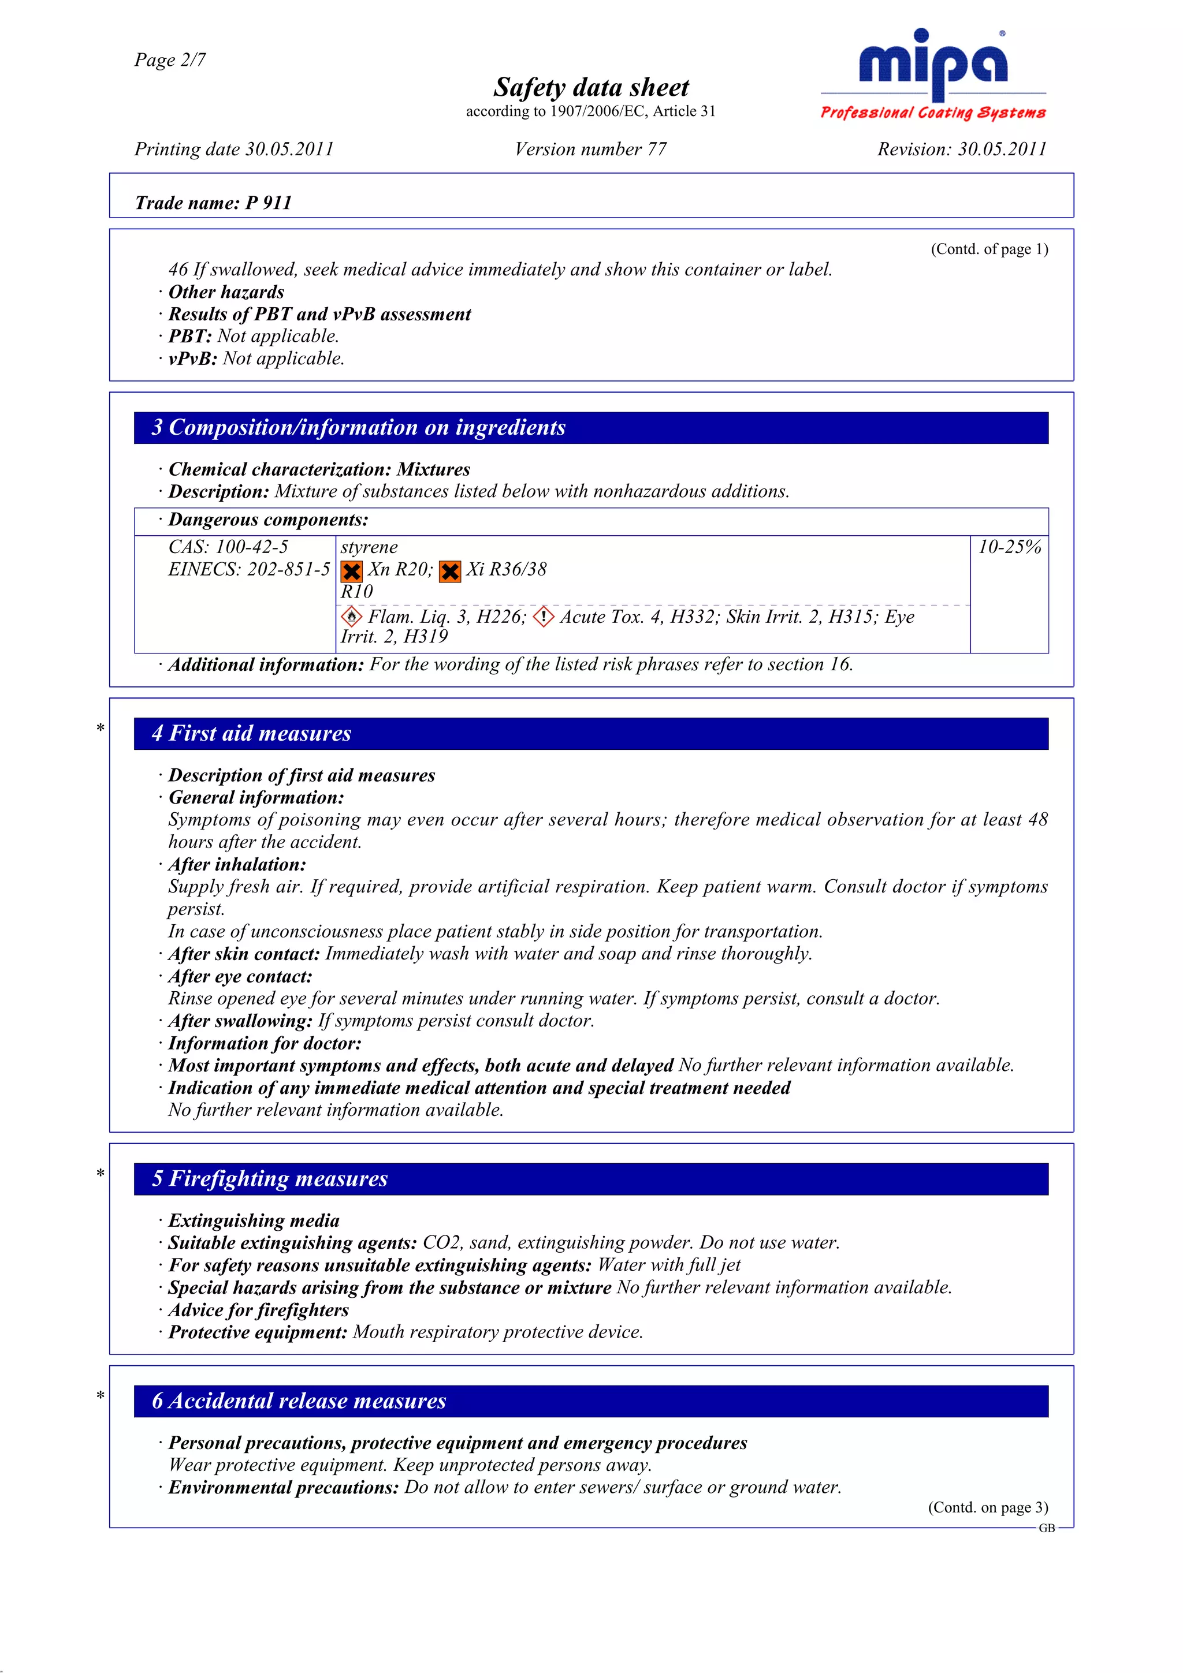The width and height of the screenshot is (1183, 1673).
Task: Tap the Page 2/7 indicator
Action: pos(170,60)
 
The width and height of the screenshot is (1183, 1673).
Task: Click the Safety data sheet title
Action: pos(590,87)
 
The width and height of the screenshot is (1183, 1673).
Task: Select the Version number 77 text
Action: pos(590,150)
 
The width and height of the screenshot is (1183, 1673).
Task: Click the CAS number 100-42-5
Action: pos(228,547)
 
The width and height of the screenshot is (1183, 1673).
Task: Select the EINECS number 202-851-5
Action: pos(248,570)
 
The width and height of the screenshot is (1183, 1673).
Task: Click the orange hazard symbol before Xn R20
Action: pos(352,572)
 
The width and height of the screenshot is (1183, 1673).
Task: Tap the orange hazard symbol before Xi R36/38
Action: pos(450,572)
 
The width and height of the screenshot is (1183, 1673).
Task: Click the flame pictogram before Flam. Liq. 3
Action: pos(351,617)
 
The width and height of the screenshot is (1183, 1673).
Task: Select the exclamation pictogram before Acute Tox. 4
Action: pos(544,617)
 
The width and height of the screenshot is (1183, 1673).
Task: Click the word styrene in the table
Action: pos(369,547)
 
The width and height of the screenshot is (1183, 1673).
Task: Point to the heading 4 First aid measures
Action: pos(251,734)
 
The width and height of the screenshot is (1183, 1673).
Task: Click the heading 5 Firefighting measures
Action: pos(270,1179)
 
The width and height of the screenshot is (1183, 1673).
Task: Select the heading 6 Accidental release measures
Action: pos(299,1401)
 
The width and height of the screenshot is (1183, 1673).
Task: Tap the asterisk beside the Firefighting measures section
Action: pos(101,1174)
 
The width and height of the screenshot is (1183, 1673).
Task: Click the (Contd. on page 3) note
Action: pos(988,1507)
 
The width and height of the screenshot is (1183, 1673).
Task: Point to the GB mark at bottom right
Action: pos(1047,1529)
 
